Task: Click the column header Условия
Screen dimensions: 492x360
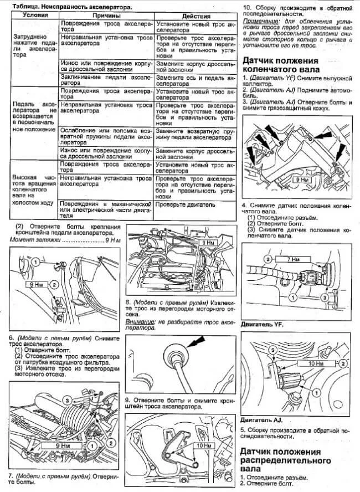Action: (34, 15)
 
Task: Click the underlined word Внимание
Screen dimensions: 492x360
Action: (141, 321)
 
